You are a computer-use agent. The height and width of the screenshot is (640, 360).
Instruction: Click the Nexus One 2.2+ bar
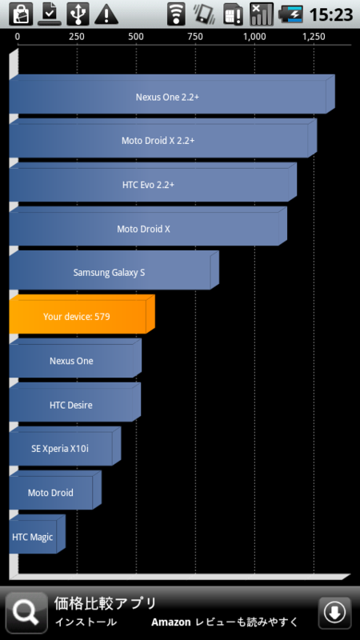[x=172, y=94]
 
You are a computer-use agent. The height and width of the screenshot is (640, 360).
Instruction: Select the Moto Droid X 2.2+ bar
[x=163, y=138]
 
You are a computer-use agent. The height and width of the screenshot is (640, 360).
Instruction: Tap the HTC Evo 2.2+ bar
[x=153, y=182]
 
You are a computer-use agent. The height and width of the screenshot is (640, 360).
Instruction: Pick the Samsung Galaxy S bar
[x=114, y=270]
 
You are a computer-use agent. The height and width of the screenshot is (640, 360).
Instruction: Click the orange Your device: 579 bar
[x=82, y=314]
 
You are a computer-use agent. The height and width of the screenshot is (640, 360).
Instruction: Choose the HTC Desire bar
[x=74, y=402]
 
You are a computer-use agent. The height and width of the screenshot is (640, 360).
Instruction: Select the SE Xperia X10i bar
[x=65, y=446]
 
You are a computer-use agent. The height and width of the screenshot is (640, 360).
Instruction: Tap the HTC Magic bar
[x=37, y=534]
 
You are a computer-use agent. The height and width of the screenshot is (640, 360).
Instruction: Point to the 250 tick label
[x=77, y=37]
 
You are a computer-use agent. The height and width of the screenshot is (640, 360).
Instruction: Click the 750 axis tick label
[x=195, y=37]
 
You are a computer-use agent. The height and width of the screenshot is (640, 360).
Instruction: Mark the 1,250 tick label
[x=314, y=37]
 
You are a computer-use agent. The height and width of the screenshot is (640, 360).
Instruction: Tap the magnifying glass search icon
[x=26, y=613]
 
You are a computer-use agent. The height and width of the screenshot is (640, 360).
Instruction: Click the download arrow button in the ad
[x=334, y=613]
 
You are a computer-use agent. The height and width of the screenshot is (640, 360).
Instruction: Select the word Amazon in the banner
[x=171, y=622]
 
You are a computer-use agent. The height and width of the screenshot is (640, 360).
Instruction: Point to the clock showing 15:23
[x=331, y=14]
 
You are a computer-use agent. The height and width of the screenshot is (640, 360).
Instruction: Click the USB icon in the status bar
[x=78, y=14]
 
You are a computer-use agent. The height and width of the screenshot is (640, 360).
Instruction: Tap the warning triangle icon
[x=106, y=14]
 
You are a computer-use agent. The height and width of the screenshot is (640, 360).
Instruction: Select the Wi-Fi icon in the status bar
[x=176, y=14]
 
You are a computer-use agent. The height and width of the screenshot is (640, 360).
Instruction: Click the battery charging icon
[x=290, y=14]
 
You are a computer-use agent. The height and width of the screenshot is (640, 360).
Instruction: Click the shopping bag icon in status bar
[x=21, y=14]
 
